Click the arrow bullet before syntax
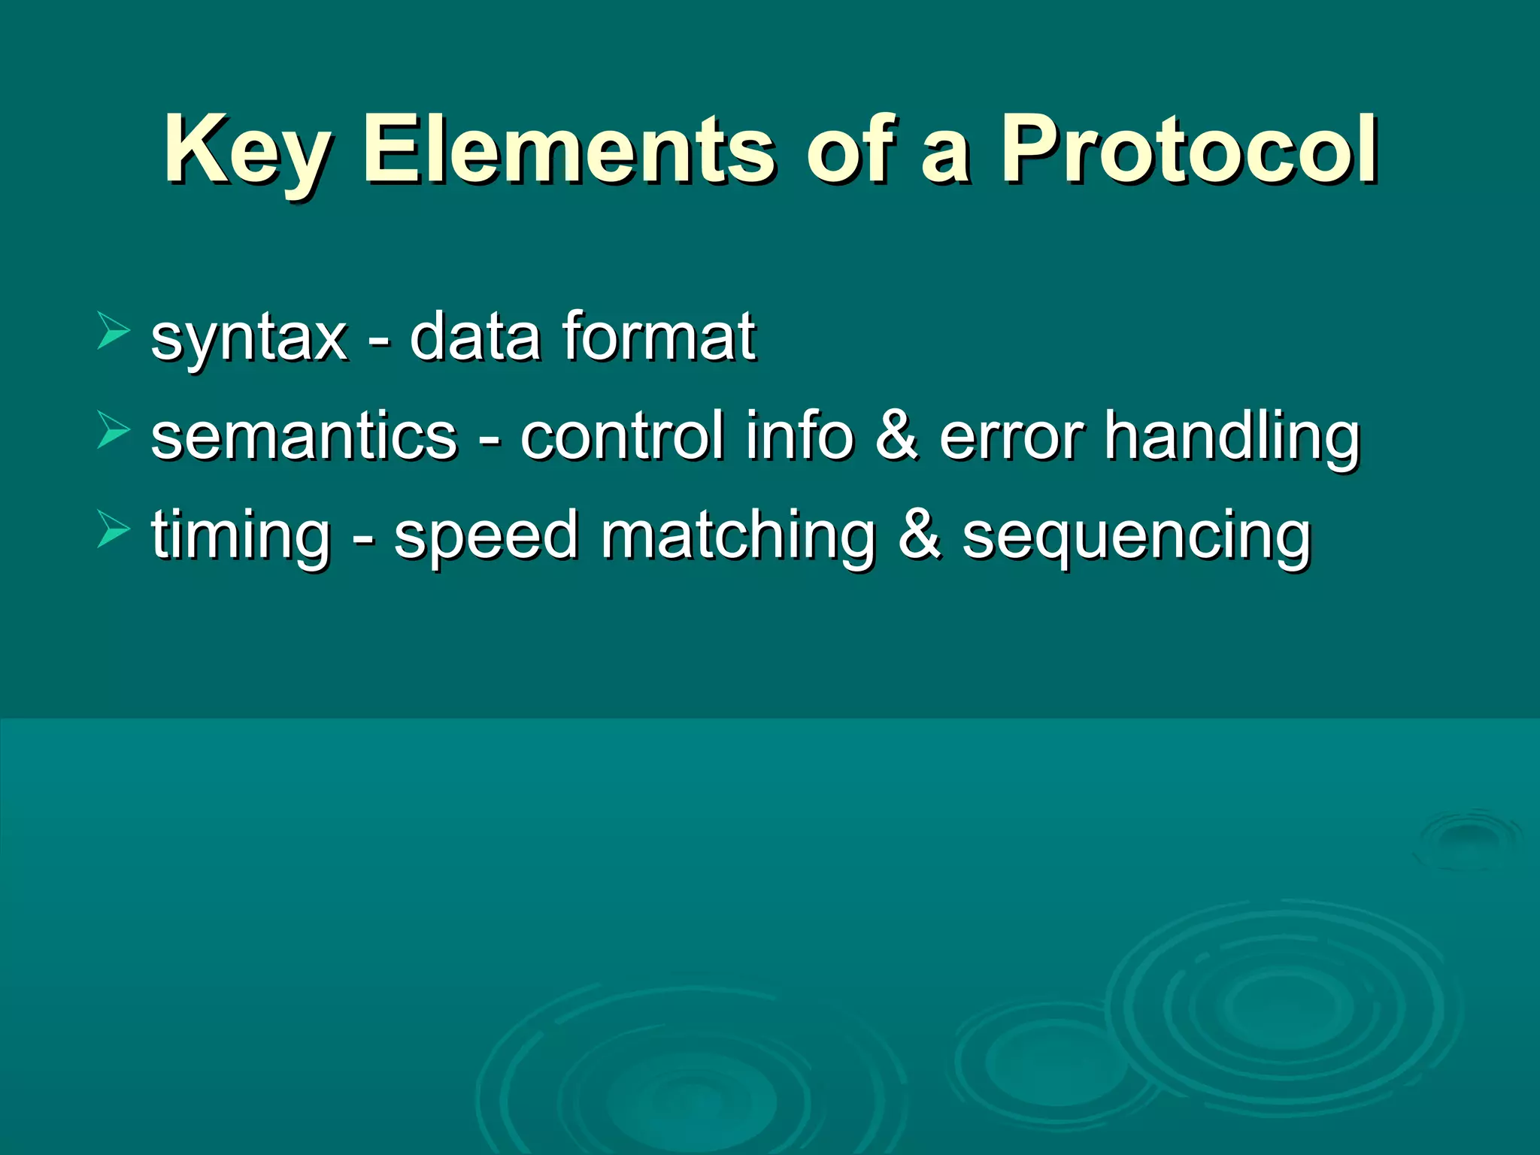click(114, 332)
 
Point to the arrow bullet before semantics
click(114, 432)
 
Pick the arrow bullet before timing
click(114, 530)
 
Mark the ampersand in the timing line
click(920, 535)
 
